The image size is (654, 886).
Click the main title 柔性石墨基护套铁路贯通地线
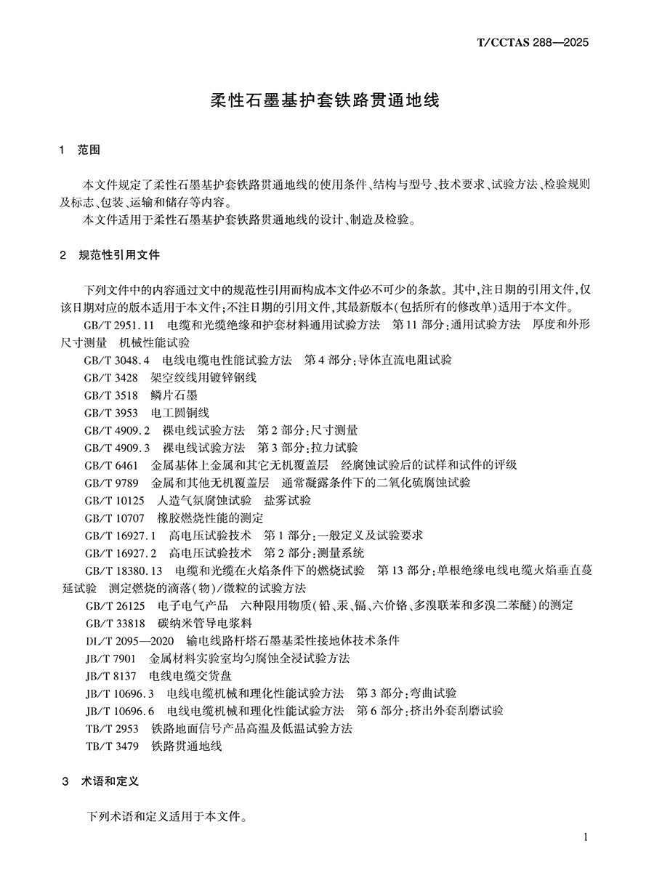[x=326, y=100]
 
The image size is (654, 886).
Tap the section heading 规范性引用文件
[x=119, y=255]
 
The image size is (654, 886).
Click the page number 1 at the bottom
[x=585, y=837]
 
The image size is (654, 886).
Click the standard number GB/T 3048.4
[x=117, y=360]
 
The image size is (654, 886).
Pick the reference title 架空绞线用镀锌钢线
[x=203, y=377]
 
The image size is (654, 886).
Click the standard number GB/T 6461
[x=110, y=464]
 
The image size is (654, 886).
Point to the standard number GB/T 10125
[x=114, y=500]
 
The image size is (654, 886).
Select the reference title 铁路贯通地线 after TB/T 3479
[x=186, y=745]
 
